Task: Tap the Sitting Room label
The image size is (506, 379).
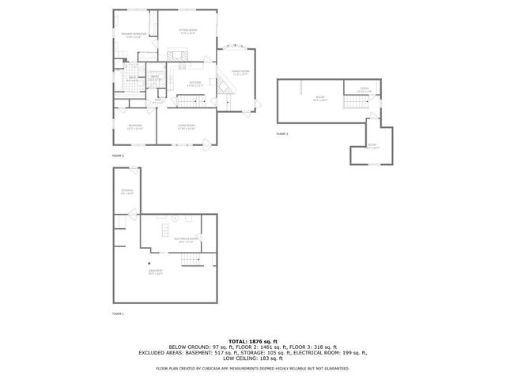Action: coord(188,32)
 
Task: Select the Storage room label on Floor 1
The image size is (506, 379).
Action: coord(127,192)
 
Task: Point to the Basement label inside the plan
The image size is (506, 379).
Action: coord(155,273)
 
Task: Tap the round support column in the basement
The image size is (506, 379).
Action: coord(148,264)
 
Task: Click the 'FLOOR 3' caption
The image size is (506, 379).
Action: coord(282,135)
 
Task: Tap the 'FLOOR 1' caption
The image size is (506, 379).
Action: coord(118,313)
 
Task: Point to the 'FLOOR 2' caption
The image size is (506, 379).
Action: coord(118,156)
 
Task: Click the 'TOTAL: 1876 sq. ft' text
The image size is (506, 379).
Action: coord(252,340)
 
